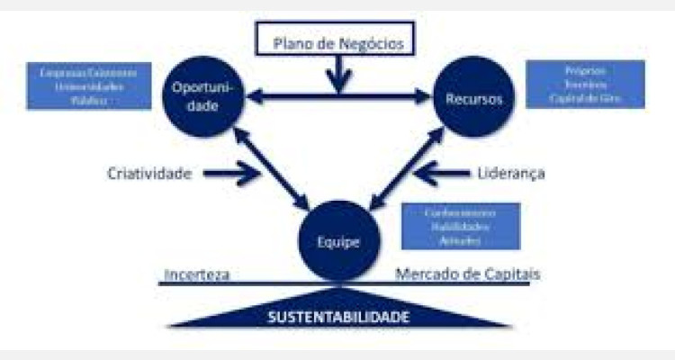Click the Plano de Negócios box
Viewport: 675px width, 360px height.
tap(337, 40)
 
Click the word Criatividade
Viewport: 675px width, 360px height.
tap(149, 174)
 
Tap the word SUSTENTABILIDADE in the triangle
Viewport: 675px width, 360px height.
tap(338, 317)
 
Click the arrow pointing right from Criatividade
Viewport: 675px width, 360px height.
tap(236, 174)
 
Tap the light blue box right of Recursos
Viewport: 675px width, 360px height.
tap(585, 84)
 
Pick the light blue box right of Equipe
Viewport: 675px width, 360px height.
tap(460, 226)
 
